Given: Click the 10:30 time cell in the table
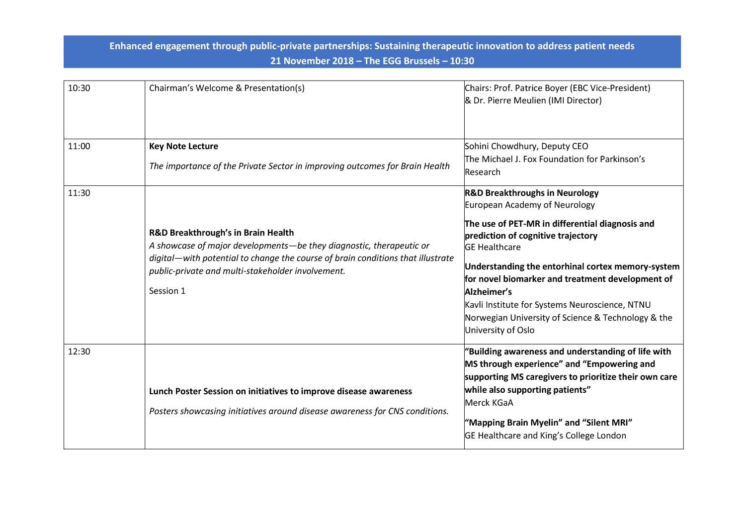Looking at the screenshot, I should coord(79,88).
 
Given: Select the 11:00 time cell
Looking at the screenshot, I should coord(79,147).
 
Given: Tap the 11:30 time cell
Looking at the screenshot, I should coord(79,193).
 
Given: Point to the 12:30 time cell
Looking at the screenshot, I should coord(79,352).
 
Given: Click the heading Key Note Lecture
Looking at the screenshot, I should coord(183,147).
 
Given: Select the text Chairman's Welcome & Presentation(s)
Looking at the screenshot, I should coord(227,88).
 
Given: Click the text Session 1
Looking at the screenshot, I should coord(167,291).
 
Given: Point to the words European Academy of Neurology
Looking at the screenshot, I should coord(530,205).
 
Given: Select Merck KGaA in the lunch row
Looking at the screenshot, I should coord(489,403).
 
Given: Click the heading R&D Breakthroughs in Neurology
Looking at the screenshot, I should coord(532,193).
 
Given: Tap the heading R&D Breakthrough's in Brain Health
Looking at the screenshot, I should coord(221,233).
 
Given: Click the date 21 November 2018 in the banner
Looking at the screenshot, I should coord(312,61).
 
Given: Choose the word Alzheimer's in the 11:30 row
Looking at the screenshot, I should coord(488,292).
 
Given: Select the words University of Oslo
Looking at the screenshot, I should coord(500,331).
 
